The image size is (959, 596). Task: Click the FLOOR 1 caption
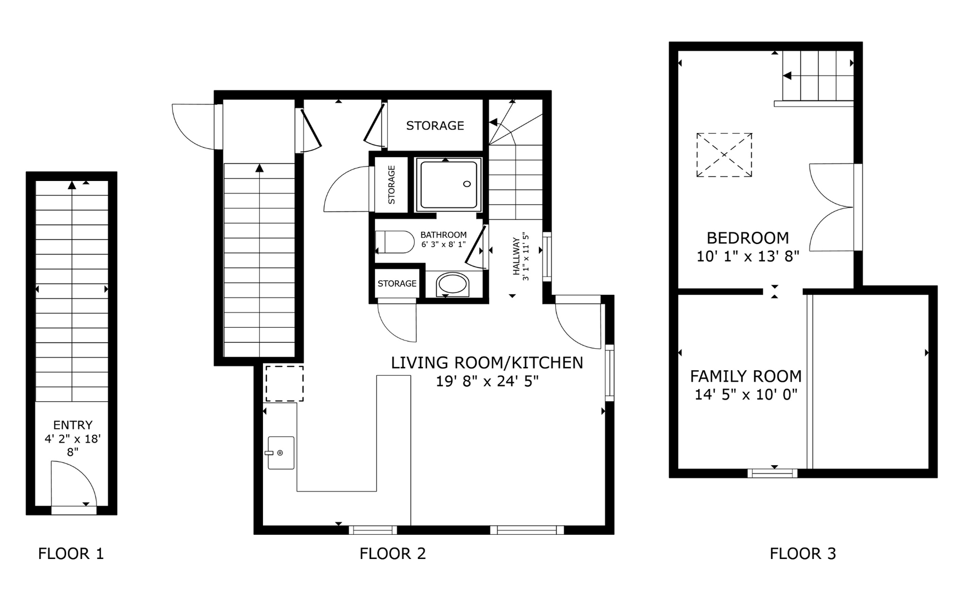pos(71,554)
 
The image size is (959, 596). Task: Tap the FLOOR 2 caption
pos(393,554)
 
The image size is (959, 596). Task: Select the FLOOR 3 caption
pos(803,554)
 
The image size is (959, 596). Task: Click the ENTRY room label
pos(73,425)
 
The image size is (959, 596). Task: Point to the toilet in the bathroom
pos(394,242)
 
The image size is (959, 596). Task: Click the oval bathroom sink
pos(452,285)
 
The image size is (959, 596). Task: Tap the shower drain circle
pos(467,184)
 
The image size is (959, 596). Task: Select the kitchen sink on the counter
pos(281,453)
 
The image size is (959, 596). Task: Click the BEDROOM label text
pos(748,238)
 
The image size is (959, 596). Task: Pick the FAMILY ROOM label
pos(746,376)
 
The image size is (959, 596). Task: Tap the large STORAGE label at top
pos(435,126)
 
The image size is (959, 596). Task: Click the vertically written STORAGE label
pos(392,185)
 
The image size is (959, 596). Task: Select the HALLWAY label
pos(516,257)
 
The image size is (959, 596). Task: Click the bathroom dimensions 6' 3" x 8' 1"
pos(443,244)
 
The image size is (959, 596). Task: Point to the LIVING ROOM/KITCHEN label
pos(487,363)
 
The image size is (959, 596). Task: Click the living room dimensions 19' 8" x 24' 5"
pos(487,381)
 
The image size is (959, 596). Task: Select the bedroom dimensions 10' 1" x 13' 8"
pos(748,257)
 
